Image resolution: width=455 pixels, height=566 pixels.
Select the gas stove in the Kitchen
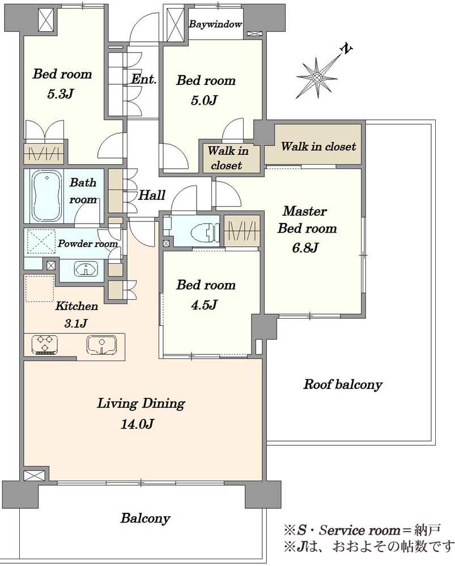tap(45, 344)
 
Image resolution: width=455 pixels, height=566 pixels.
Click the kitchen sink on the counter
tap(101, 345)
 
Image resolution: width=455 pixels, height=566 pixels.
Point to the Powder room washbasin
tap(86, 269)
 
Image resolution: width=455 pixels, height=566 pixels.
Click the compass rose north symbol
tap(317, 78)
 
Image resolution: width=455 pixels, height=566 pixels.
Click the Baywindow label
tap(215, 24)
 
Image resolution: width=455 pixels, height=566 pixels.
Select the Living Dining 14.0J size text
tap(137, 423)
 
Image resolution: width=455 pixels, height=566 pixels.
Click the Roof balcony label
tap(343, 384)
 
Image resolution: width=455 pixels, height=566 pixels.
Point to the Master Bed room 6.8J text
tap(307, 229)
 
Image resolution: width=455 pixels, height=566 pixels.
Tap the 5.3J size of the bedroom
tap(61, 94)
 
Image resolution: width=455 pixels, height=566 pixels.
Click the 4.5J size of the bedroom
tap(204, 305)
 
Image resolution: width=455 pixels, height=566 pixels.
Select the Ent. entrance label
tap(144, 79)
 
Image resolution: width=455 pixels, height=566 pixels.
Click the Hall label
tap(152, 195)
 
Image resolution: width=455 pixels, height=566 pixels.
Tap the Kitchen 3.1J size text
tap(75, 323)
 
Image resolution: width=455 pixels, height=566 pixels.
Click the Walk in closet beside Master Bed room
tap(318, 146)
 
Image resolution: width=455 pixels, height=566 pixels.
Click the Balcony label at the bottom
tap(145, 518)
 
